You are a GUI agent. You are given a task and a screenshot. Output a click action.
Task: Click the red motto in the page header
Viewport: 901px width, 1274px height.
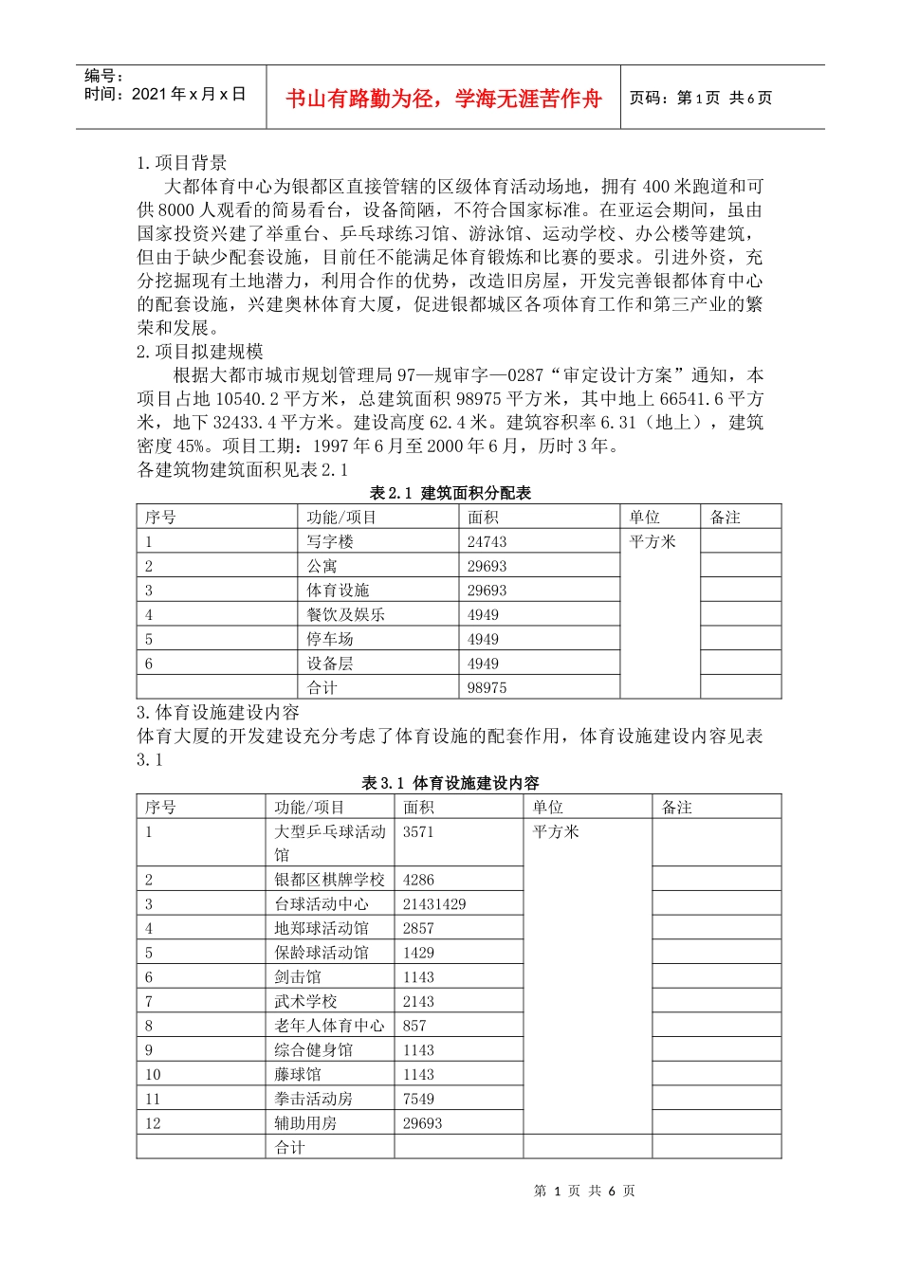(443, 99)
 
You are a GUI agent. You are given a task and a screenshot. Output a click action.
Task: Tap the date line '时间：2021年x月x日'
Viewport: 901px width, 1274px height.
(165, 94)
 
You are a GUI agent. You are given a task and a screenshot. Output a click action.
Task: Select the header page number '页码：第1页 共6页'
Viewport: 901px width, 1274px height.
(701, 98)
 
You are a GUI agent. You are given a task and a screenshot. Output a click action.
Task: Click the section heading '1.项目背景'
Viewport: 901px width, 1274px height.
(182, 163)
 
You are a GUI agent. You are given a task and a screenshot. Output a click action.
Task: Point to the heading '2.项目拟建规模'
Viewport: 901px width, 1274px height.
(200, 352)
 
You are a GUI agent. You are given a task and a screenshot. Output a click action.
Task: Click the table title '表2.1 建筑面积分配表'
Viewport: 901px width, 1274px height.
(450, 493)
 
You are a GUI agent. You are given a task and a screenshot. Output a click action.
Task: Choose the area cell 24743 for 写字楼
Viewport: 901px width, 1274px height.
(487, 542)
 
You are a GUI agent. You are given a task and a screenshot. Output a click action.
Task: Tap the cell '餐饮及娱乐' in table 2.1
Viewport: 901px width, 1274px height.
(345, 615)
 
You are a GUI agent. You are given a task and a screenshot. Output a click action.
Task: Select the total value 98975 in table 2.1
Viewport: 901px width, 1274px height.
(487, 688)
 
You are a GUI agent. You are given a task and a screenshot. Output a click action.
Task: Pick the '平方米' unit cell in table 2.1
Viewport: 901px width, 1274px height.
(653, 542)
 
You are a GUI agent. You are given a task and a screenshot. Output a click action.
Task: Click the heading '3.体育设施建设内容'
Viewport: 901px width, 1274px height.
(218, 713)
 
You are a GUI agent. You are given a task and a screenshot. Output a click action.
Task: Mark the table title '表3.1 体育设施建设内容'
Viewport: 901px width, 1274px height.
(450, 783)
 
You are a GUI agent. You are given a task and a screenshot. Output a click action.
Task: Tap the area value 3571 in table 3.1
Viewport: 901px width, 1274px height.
(418, 832)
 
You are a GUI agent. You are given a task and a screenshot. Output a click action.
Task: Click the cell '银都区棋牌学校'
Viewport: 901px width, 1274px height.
(329, 881)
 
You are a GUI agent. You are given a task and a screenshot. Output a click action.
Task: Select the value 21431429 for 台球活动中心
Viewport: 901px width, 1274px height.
(434, 905)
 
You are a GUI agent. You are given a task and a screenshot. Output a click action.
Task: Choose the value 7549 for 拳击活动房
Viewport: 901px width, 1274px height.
(418, 1100)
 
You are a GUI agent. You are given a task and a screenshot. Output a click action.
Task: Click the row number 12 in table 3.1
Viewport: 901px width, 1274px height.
(153, 1124)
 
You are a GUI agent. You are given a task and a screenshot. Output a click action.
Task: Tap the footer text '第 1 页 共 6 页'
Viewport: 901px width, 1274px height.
(584, 1192)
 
